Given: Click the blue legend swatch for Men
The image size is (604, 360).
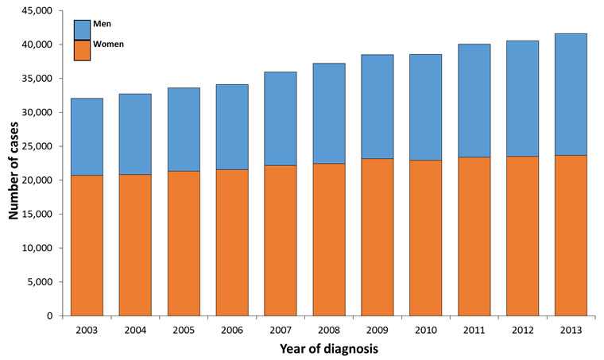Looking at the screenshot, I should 83,29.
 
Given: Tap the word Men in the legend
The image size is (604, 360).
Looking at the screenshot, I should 102,24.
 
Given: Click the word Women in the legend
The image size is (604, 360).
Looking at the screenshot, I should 109,44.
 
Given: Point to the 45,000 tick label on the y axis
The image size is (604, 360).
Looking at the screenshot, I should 34,10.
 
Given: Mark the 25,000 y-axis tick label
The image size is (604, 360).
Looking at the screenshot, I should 34,146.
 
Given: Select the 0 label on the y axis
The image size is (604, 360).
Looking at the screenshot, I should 48,316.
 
